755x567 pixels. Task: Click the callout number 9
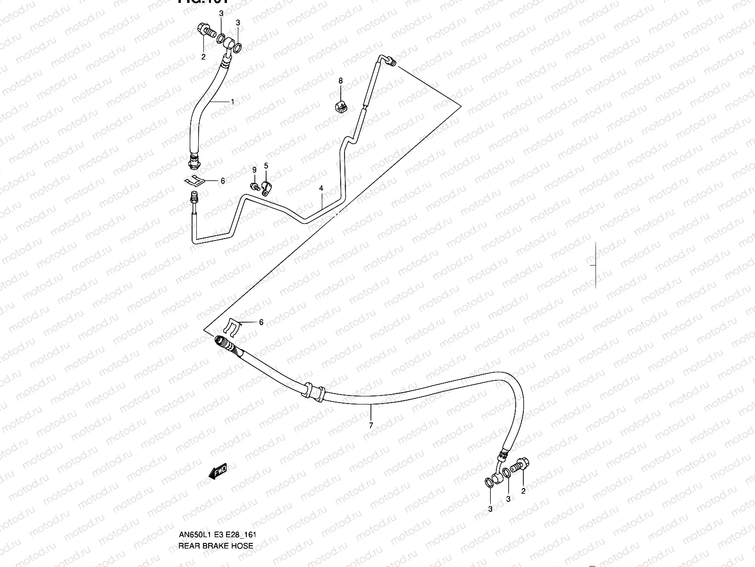(x=254, y=170)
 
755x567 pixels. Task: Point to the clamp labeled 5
(x=267, y=189)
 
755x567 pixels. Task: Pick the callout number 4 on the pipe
(x=321, y=189)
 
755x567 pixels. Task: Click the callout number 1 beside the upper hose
(x=232, y=101)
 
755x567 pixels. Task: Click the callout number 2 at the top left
(x=203, y=57)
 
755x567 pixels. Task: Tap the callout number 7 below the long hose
(x=371, y=425)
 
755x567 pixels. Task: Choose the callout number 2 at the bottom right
(x=523, y=491)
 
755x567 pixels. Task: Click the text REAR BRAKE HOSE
(x=216, y=546)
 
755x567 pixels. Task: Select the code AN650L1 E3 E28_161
(x=217, y=535)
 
